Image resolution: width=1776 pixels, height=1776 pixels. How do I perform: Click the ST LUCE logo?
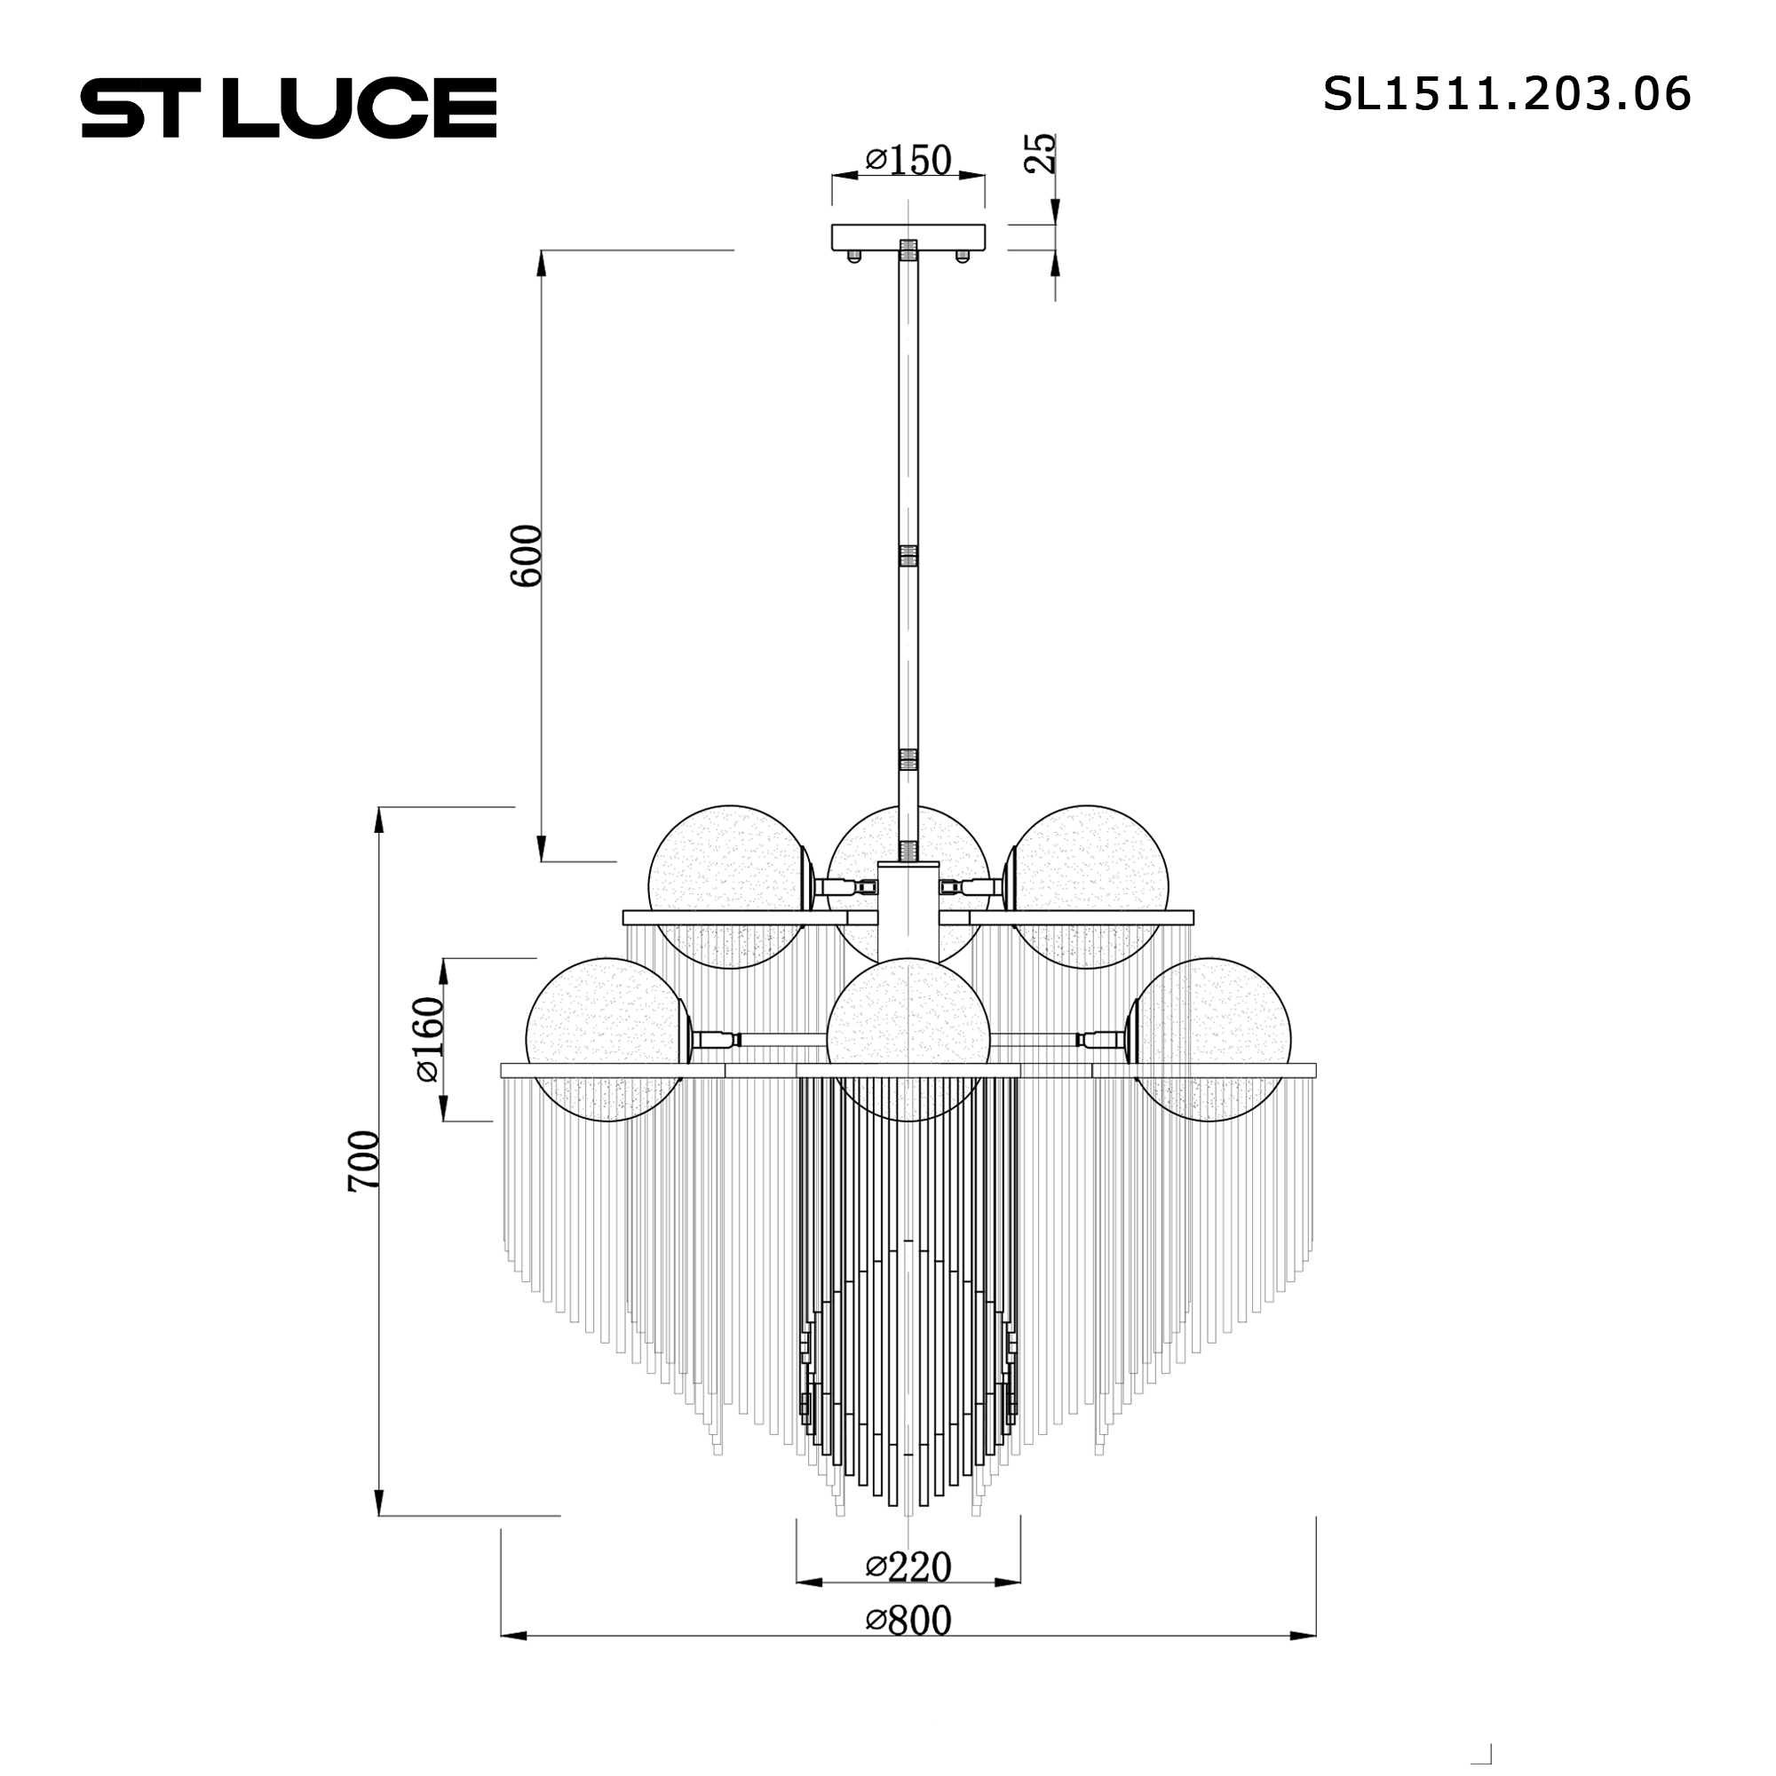coord(289,108)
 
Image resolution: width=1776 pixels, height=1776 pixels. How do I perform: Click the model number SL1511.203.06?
coord(1506,95)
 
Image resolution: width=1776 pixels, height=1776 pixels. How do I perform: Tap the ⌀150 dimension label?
coord(908,161)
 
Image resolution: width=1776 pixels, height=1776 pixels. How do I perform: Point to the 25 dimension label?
coord(1041,154)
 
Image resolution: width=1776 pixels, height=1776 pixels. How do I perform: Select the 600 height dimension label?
coord(527,556)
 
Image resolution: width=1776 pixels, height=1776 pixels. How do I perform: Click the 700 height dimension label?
coord(365,1162)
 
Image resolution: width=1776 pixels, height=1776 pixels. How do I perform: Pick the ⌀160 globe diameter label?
coord(429,1039)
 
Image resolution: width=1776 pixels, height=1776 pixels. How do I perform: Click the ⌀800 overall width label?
coord(908,1621)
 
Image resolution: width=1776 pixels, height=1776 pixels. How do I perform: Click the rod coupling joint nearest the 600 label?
coord(908,556)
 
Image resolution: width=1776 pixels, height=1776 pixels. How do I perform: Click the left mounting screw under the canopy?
coord(854,258)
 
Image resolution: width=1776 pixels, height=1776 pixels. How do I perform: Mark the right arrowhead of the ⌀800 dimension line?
coord(1305,1636)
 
